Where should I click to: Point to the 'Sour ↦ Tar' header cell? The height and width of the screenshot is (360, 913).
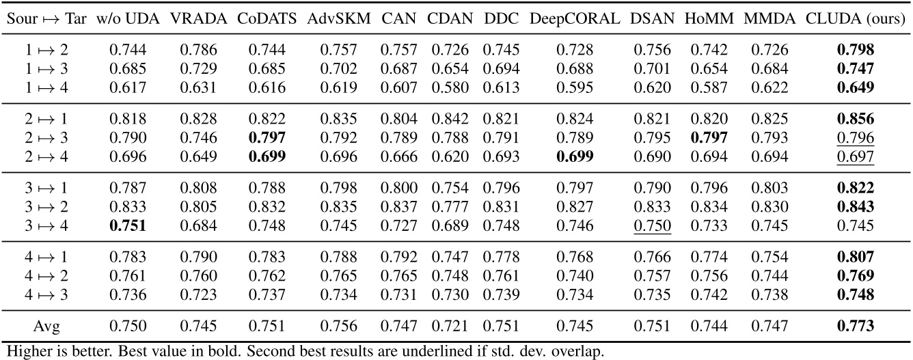pyautogui.click(x=48, y=16)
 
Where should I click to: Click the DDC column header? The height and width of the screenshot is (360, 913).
pyautogui.click(x=497, y=16)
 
